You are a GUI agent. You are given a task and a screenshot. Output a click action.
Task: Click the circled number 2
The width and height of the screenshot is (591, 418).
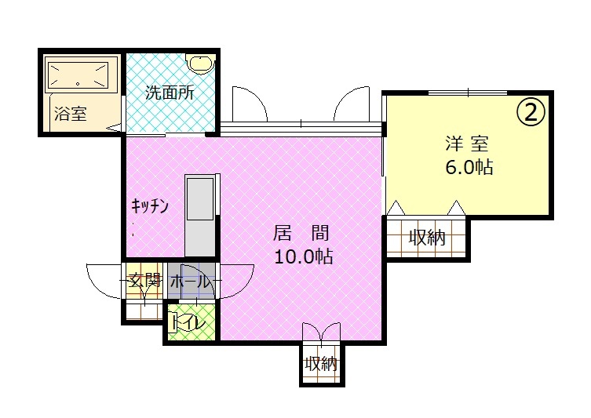[531, 112]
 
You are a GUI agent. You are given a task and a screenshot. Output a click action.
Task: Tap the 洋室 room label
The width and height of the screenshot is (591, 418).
[467, 144]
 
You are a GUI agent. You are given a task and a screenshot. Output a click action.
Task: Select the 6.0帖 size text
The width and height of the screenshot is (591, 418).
[469, 167]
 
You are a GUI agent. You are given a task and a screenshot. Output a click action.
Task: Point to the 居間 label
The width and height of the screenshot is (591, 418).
[301, 233]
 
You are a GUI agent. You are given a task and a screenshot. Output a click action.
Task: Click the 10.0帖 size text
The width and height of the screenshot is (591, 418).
[303, 256]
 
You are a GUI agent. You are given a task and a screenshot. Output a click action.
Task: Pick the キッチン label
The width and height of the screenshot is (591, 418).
[150, 206]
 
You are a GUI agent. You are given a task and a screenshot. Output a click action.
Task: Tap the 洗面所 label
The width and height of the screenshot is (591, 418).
[170, 93]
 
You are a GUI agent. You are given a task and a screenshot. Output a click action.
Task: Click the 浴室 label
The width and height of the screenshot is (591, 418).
[71, 114]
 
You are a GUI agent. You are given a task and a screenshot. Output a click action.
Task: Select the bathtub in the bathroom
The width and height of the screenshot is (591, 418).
[77, 75]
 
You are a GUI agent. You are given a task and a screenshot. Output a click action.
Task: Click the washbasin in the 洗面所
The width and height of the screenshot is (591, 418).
[201, 64]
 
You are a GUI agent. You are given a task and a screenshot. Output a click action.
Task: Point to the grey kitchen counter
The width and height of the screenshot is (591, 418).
[200, 215]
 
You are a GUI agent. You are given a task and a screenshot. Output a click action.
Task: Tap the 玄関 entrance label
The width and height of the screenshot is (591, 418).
[144, 281]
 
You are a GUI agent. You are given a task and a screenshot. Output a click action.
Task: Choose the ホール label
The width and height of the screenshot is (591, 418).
[189, 282]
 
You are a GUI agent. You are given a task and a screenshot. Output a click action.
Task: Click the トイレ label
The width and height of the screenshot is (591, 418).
[188, 323]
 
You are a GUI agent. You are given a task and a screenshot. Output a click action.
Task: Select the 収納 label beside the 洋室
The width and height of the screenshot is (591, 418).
[427, 238]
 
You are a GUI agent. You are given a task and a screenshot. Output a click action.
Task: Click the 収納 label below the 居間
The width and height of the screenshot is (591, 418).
[321, 364]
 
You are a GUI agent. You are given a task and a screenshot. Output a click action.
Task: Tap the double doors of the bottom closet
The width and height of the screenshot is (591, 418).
[321, 332]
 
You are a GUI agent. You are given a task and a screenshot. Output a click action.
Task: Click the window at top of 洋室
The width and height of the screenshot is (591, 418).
[468, 93]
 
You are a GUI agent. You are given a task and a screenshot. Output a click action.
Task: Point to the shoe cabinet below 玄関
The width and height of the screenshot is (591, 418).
[143, 312]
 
